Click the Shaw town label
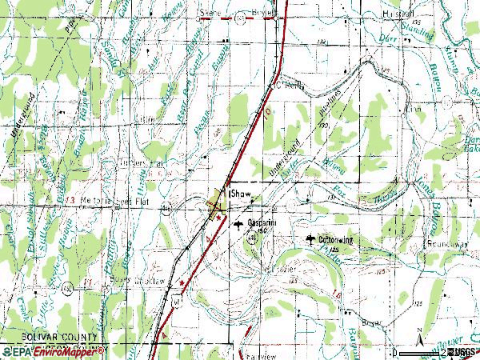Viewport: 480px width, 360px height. [241, 193]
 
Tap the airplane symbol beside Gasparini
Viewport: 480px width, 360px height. [238, 225]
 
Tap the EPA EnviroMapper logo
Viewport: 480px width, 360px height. [53, 351]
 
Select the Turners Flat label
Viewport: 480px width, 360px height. [142, 163]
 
